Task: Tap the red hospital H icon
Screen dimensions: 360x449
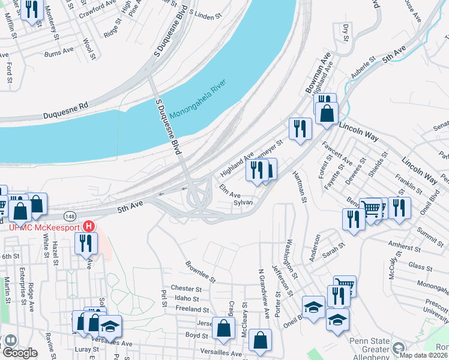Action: (x=89, y=227)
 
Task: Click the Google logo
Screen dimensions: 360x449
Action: (x=20, y=353)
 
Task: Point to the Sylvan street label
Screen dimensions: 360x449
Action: (x=244, y=203)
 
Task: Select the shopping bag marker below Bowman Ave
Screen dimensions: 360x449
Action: (x=327, y=113)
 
